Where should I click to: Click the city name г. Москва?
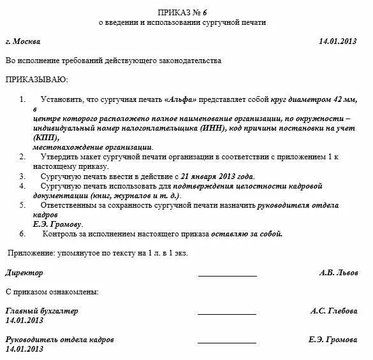[x=22, y=41]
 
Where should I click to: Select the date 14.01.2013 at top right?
[x=339, y=41]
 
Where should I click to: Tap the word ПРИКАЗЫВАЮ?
[x=36, y=80]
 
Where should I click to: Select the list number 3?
[x=23, y=176]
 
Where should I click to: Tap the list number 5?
[x=23, y=205]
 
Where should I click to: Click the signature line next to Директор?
[x=227, y=276]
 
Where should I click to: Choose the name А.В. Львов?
[x=339, y=273]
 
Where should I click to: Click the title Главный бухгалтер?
[x=42, y=311]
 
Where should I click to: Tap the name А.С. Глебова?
[x=334, y=311]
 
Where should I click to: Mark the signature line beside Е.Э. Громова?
[x=227, y=343]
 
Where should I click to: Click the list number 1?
[x=23, y=100]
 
